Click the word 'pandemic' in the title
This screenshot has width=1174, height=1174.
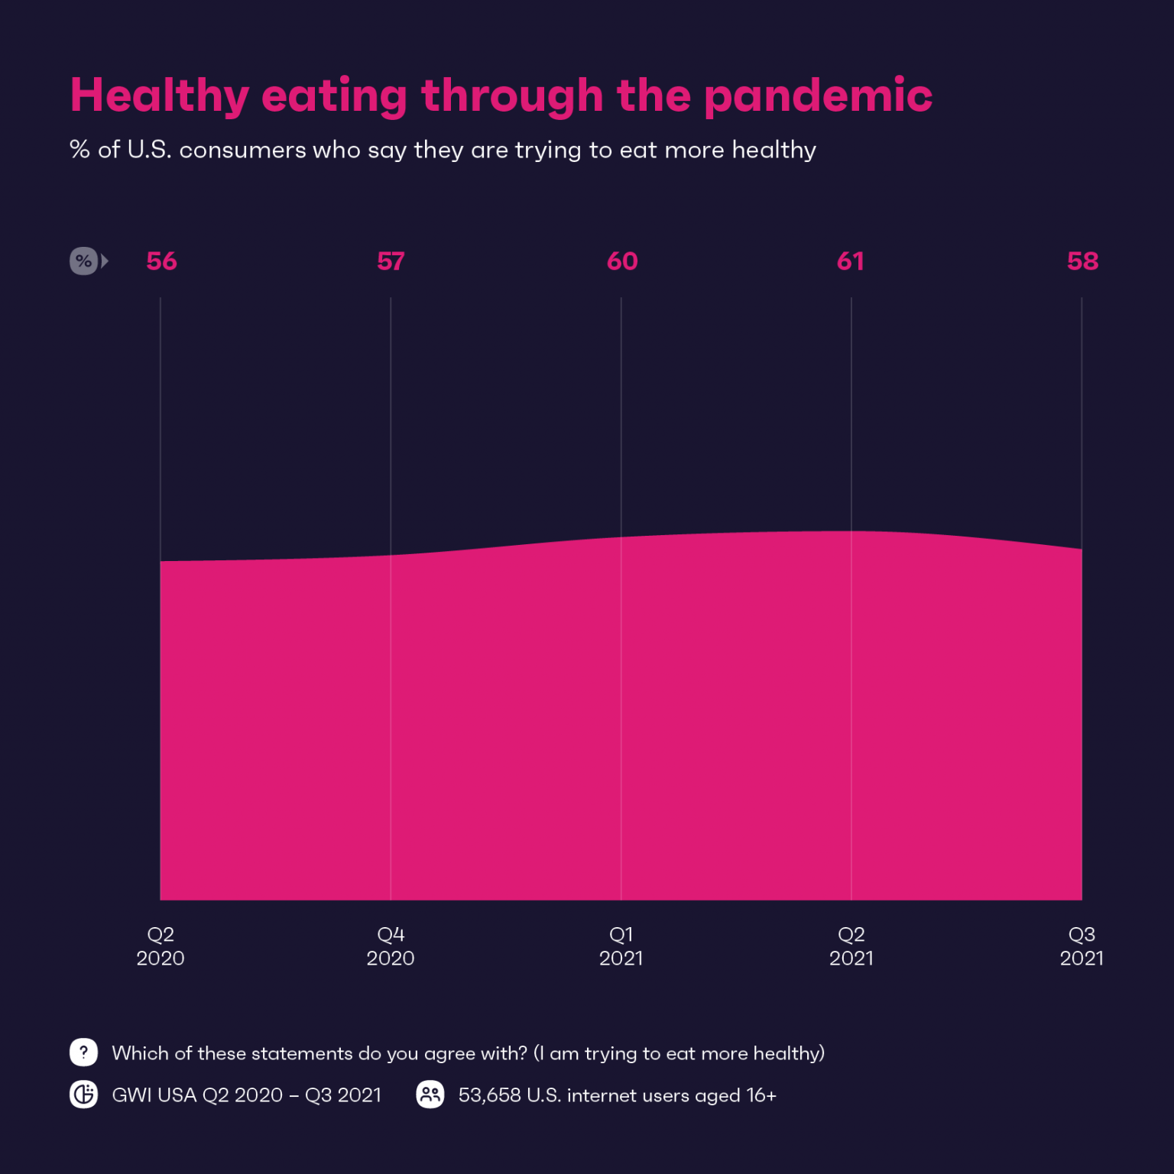(817, 96)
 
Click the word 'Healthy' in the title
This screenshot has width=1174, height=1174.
(159, 96)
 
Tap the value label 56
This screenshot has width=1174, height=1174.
(161, 261)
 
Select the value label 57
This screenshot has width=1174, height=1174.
(391, 261)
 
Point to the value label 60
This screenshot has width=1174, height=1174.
(621, 261)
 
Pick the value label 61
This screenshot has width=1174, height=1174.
(850, 261)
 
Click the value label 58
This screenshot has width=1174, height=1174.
(1082, 261)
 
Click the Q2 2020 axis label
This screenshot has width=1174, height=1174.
(161, 946)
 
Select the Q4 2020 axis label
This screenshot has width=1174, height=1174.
(391, 946)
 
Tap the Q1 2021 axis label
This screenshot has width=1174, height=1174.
(621, 946)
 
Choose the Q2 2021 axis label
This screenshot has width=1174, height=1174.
(851, 946)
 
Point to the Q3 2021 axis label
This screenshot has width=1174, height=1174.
(1082, 946)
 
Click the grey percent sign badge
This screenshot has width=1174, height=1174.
(84, 261)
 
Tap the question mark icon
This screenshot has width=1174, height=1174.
(83, 1052)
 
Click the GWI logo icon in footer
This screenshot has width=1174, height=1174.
(83, 1095)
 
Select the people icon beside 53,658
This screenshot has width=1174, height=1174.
(430, 1095)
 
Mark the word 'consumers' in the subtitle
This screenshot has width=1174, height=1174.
(242, 150)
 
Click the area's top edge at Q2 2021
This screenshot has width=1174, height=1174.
(851, 531)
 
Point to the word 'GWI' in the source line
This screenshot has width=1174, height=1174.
(132, 1095)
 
